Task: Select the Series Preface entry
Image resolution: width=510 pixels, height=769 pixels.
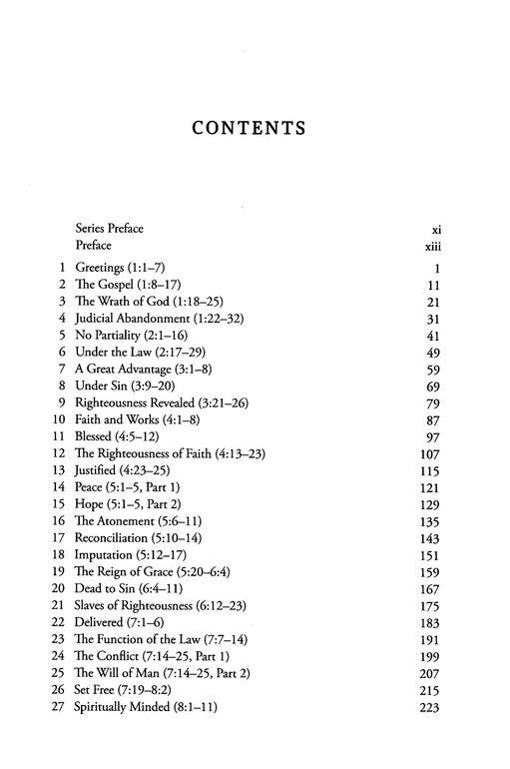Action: [x=109, y=228]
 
